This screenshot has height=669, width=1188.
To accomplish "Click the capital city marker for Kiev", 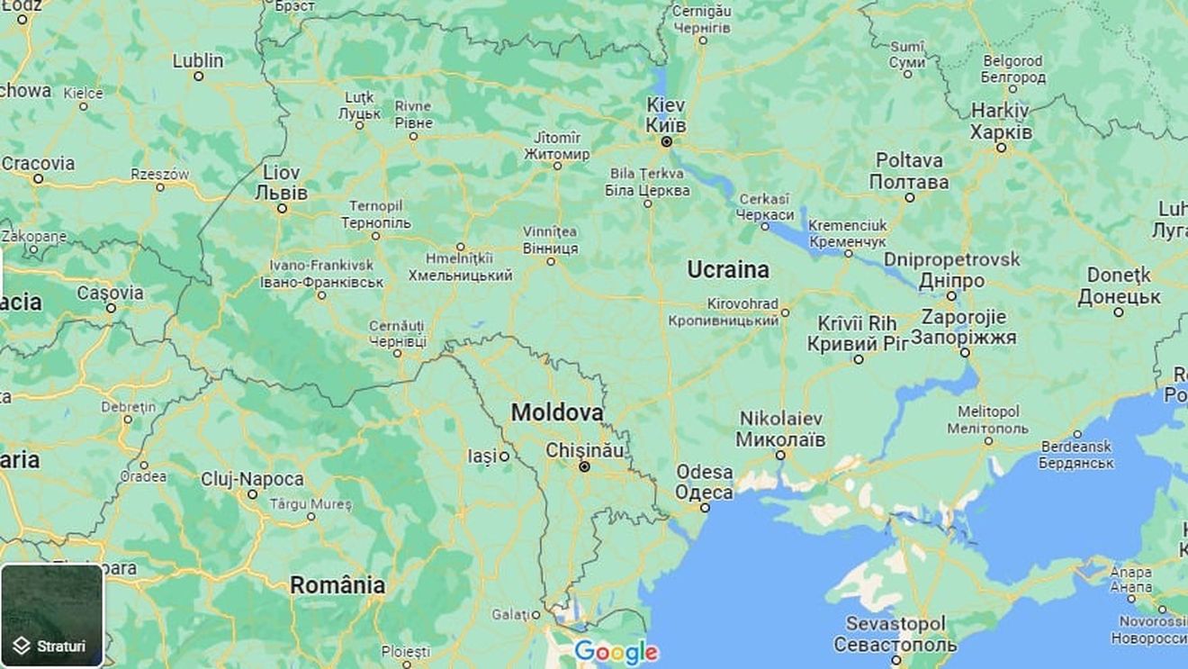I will tap(666, 141).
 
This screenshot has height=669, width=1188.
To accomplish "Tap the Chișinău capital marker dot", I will tap(584, 466).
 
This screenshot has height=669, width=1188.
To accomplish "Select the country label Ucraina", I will tap(728, 269).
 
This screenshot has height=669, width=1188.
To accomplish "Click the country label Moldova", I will tap(557, 412).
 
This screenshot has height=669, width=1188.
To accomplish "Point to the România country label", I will tap(337, 585).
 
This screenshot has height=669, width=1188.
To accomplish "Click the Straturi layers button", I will tap(52, 615).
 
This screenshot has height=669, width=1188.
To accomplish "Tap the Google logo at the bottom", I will tap(616, 652).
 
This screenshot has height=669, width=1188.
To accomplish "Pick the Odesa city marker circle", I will tap(705, 508).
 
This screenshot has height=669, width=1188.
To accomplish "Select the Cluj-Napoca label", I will tap(252, 479).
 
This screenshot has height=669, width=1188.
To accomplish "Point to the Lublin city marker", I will tap(199, 77).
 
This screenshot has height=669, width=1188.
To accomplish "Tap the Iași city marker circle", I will tap(504, 457).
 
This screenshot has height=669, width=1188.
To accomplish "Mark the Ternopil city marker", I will tap(375, 236).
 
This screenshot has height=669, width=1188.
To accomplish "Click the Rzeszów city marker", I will tap(160, 187).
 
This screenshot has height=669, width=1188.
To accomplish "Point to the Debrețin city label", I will tap(129, 406).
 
